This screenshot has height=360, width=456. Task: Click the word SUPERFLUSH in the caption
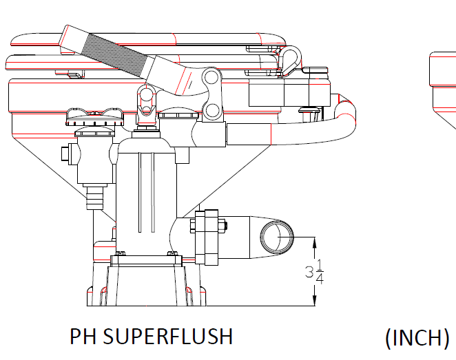168,336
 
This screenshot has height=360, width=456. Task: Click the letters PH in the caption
83,336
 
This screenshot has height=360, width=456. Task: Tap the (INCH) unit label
417,337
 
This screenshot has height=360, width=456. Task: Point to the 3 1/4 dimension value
315,272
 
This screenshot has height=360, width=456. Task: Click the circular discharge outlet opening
277,237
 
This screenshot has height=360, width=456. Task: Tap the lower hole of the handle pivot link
213,110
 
